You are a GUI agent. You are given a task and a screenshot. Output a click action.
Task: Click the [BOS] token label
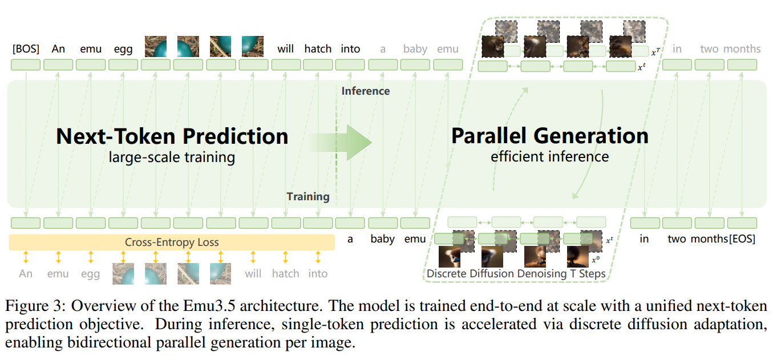pyautogui.click(x=26, y=49)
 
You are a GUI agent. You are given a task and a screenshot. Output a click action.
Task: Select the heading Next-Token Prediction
pyautogui.click(x=172, y=136)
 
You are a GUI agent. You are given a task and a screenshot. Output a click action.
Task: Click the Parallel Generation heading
pyautogui.click(x=549, y=136)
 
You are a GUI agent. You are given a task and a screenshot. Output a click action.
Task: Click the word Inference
pyautogui.click(x=365, y=91)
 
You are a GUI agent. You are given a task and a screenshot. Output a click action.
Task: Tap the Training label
pyautogui.click(x=308, y=197)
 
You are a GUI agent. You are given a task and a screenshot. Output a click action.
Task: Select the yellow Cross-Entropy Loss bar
pyautogui.click(x=171, y=242)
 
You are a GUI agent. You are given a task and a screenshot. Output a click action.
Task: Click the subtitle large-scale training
pyautogui.click(x=172, y=157)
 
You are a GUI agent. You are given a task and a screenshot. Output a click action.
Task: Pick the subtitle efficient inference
pyautogui.click(x=549, y=156)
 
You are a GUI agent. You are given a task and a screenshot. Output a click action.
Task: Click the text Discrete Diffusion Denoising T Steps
pyautogui.click(x=516, y=274)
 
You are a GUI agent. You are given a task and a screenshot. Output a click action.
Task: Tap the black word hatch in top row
pyautogui.click(x=318, y=49)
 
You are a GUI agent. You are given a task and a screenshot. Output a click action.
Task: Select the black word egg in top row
pyautogui.click(x=123, y=50)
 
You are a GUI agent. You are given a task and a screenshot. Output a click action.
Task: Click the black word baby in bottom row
pyautogui.click(x=382, y=240)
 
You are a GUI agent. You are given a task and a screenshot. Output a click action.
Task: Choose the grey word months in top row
pyautogui.click(x=742, y=49)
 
